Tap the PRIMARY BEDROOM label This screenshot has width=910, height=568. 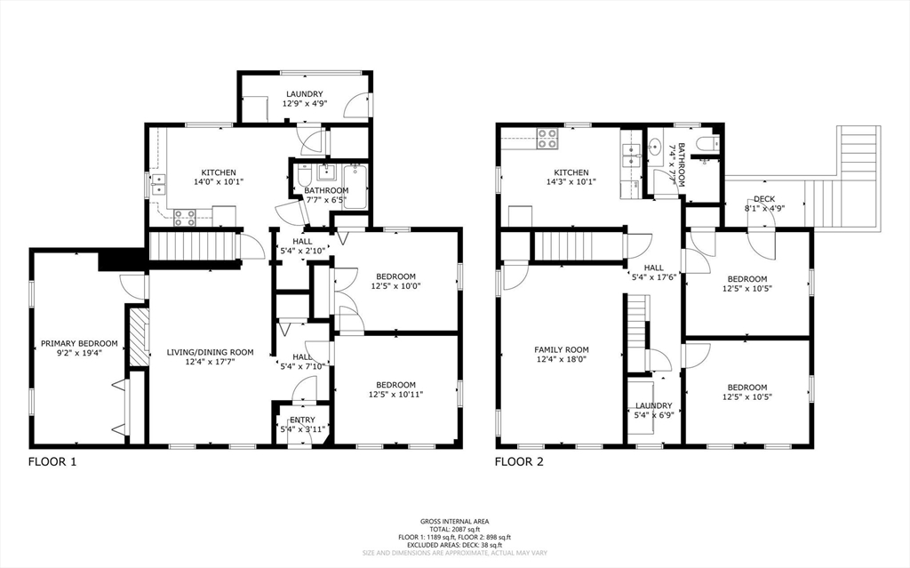tap(79, 343)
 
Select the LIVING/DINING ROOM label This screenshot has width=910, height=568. tap(211, 352)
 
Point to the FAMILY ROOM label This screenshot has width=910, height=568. tap(562, 349)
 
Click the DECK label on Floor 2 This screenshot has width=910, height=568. tap(764, 199)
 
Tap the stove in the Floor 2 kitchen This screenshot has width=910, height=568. tap(547, 138)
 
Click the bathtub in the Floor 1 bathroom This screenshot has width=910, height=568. tap(355, 185)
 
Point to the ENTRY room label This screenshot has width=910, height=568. tap(302, 420)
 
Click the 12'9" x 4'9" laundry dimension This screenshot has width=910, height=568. tap(303, 104)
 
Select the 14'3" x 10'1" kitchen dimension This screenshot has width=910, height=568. tap(571, 182)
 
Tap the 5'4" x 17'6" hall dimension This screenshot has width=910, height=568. tap(654, 276)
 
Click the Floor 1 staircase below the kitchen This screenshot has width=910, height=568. tap(193, 245)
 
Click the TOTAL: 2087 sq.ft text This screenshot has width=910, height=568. tap(454, 530)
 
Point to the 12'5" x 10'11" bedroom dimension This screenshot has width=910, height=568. tap(395, 394)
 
